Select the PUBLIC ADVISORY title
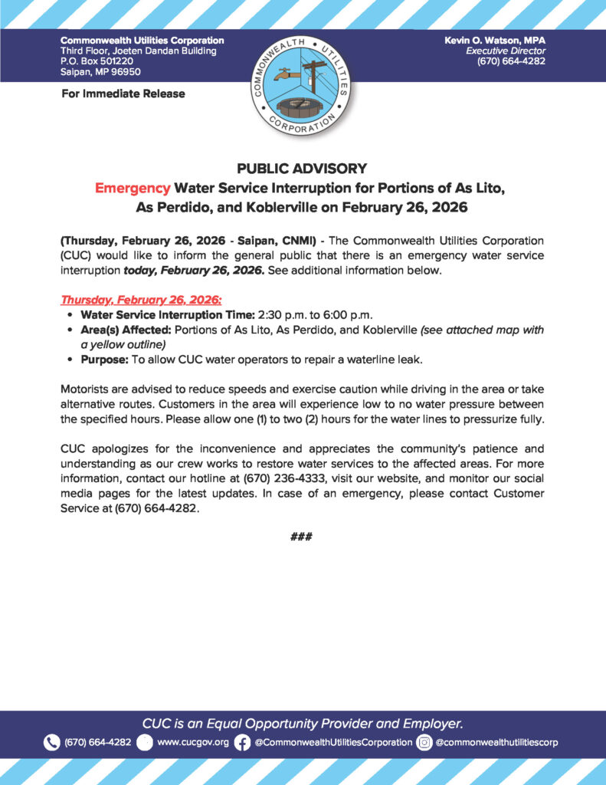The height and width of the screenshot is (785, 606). click(302, 169)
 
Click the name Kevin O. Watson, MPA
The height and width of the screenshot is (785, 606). click(494, 40)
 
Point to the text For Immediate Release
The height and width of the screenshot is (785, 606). click(123, 94)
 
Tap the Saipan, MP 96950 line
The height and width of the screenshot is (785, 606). click(101, 72)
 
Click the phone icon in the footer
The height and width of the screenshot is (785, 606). click(51, 742)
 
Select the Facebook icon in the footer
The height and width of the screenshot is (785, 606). click(242, 742)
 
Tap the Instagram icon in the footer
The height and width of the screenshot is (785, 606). click(424, 742)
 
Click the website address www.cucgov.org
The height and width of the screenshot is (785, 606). click(192, 742)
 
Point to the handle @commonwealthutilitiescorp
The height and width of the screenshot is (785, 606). click(496, 742)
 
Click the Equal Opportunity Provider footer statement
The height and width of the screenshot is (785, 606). click(303, 723)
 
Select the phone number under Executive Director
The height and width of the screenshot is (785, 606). click(511, 61)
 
